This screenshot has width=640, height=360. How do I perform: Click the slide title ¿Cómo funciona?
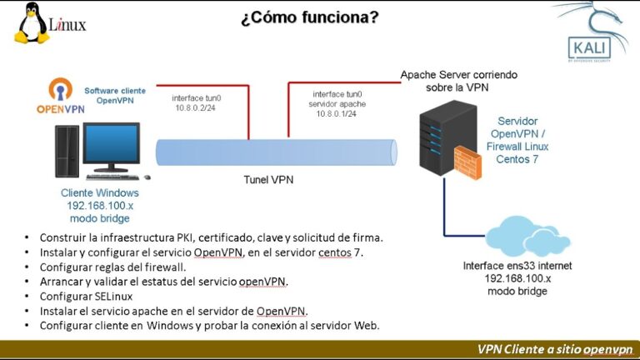coord(309,17)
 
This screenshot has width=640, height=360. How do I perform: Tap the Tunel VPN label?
coord(267,179)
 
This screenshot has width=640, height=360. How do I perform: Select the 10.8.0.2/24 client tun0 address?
coord(195,108)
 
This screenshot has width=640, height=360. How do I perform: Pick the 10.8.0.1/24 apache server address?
coord(335,113)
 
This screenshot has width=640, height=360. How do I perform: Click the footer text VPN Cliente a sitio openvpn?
coord(555,348)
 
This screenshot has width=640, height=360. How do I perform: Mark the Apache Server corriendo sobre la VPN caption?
coord(458,80)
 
